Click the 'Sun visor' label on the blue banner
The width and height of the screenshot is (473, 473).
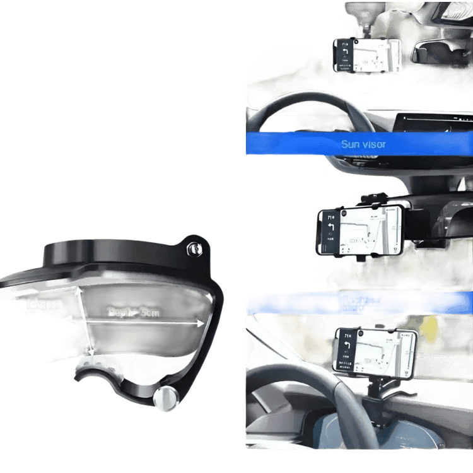point(363,144)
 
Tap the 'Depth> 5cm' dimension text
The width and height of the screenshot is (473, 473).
point(133,313)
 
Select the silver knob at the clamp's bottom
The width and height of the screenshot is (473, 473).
point(165,399)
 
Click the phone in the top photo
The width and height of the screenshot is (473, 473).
point(367,54)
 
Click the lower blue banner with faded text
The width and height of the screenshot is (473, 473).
point(358,304)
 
